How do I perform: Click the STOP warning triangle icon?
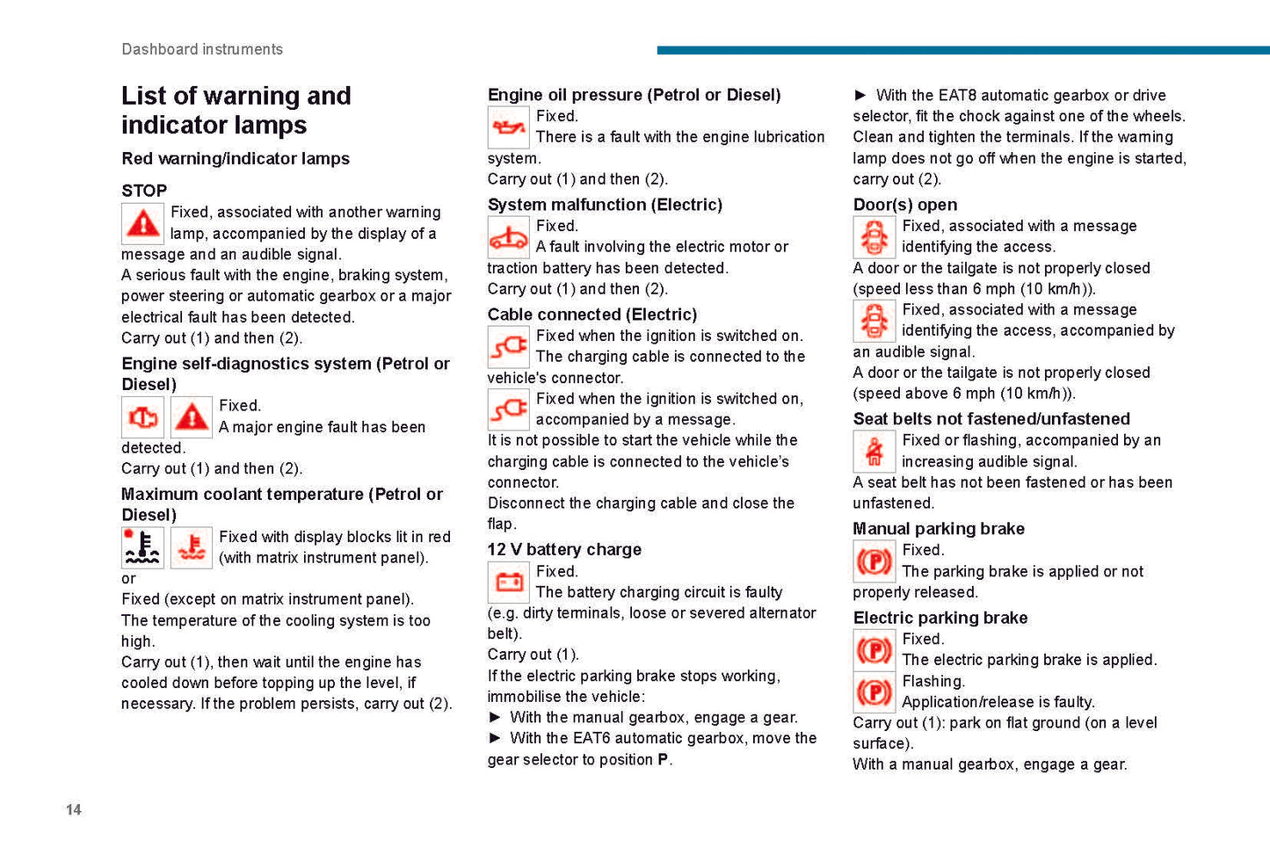[x=142, y=224]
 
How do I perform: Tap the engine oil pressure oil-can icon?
[x=508, y=128]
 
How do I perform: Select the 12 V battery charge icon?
[x=508, y=583]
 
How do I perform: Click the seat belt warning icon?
[x=874, y=452]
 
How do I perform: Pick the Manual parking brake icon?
[x=874, y=561]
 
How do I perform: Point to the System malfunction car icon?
[x=508, y=237]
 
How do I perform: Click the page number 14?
[x=74, y=809]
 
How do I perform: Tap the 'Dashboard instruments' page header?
[x=202, y=49]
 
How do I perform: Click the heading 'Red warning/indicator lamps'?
[x=236, y=159]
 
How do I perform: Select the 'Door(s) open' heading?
[x=905, y=205]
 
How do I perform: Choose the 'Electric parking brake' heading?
[x=940, y=618]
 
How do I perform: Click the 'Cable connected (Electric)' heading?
[x=592, y=315]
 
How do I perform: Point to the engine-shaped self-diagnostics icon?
[x=142, y=417]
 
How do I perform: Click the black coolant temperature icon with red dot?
[x=142, y=547]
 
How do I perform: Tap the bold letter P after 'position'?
[x=663, y=759]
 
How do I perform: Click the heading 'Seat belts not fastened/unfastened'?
[x=991, y=419]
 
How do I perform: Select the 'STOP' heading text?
[x=144, y=191]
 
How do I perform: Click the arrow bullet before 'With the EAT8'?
[x=860, y=95]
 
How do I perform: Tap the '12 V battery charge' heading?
[x=564, y=550]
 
